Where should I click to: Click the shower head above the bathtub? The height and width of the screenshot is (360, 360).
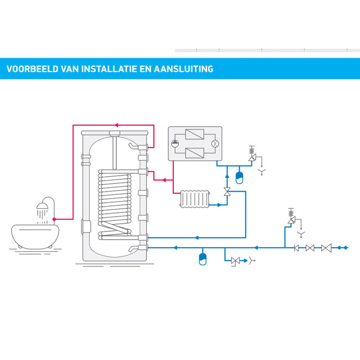coord(42,207)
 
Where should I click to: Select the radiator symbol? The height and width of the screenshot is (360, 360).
coord(195,199)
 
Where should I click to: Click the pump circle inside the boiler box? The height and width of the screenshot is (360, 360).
coord(176,143)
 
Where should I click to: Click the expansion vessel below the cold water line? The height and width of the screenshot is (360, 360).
coord(202,259)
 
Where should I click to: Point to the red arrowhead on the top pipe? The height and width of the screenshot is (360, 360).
coord(116,125)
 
